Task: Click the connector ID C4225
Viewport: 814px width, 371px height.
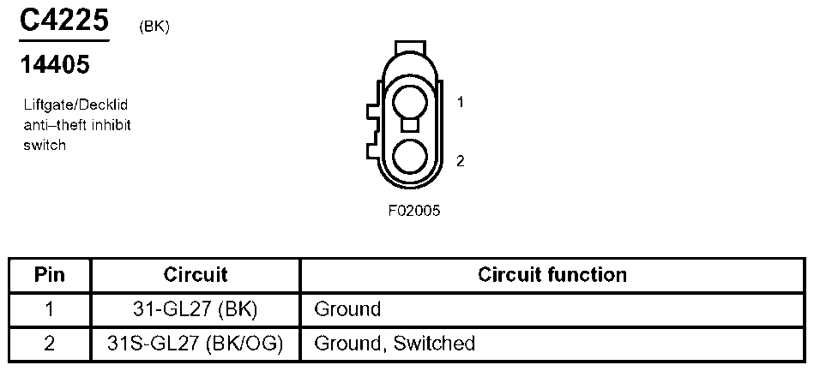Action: coord(64,21)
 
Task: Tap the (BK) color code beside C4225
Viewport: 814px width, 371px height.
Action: coord(154,27)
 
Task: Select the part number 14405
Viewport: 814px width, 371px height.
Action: coord(55,65)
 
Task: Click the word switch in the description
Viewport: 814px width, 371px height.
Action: coord(45,145)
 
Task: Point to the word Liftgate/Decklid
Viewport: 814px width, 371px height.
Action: coord(75,105)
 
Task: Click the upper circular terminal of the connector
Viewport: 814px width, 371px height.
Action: coord(410,103)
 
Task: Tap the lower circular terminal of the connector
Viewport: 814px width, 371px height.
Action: coord(410,156)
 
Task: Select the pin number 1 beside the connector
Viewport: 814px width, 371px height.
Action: coord(460,103)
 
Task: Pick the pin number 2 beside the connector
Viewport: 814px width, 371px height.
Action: coord(460,161)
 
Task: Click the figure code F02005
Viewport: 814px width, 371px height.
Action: coord(413,211)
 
